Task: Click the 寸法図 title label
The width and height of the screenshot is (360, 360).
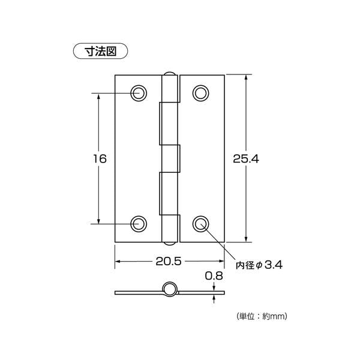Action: [x=100, y=51]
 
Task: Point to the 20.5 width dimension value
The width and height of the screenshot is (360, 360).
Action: [x=169, y=262]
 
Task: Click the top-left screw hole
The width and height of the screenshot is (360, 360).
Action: [x=139, y=93]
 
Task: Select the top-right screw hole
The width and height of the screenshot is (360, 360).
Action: [x=201, y=93]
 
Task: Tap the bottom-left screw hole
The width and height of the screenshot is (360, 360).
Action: [x=139, y=223]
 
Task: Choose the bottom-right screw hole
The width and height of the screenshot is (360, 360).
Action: [x=201, y=223]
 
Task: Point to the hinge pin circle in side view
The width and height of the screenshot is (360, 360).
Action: [x=170, y=290]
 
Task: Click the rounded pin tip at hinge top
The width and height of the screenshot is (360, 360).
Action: [x=170, y=74]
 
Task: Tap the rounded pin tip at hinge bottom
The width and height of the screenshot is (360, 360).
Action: [x=170, y=243]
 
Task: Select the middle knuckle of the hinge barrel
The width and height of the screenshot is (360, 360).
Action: [x=172, y=158]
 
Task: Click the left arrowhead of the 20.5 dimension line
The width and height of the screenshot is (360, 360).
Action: [x=118, y=262]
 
